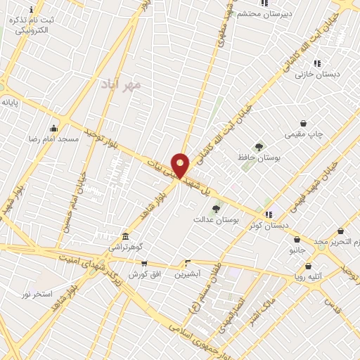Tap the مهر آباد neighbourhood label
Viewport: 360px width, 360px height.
[x=121, y=84]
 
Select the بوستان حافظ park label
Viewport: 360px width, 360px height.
[x=258, y=158]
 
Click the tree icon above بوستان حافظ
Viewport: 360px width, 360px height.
[x=259, y=147]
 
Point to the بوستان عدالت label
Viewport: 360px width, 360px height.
[x=216, y=219]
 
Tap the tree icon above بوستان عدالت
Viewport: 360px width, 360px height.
[x=216, y=208]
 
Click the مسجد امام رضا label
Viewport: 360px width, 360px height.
[x=53, y=139]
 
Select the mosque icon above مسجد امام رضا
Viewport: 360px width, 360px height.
[x=53, y=128]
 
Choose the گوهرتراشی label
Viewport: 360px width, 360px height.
[x=125, y=247]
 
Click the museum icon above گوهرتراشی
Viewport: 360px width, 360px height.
[x=125, y=236]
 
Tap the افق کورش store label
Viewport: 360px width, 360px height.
[x=144, y=274]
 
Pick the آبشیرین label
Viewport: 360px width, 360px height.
[x=188, y=274]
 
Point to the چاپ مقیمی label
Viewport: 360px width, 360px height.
[x=302, y=134]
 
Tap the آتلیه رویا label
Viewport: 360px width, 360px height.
[x=308, y=277]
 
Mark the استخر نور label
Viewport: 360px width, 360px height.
[x=37, y=293]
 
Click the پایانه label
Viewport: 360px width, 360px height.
[x=9, y=102]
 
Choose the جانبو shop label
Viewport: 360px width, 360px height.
[x=297, y=250]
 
